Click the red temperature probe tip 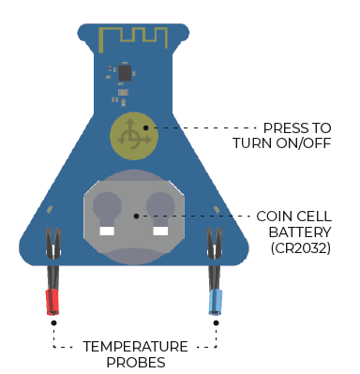point(53,302)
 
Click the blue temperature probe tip point(216,302)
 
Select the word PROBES point(135,361)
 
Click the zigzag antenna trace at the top point(133,36)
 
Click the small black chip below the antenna point(125,71)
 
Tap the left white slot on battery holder point(107,230)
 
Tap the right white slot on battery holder point(160,230)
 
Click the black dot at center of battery point(137,215)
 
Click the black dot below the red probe point(54,323)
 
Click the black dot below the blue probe point(217,323)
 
